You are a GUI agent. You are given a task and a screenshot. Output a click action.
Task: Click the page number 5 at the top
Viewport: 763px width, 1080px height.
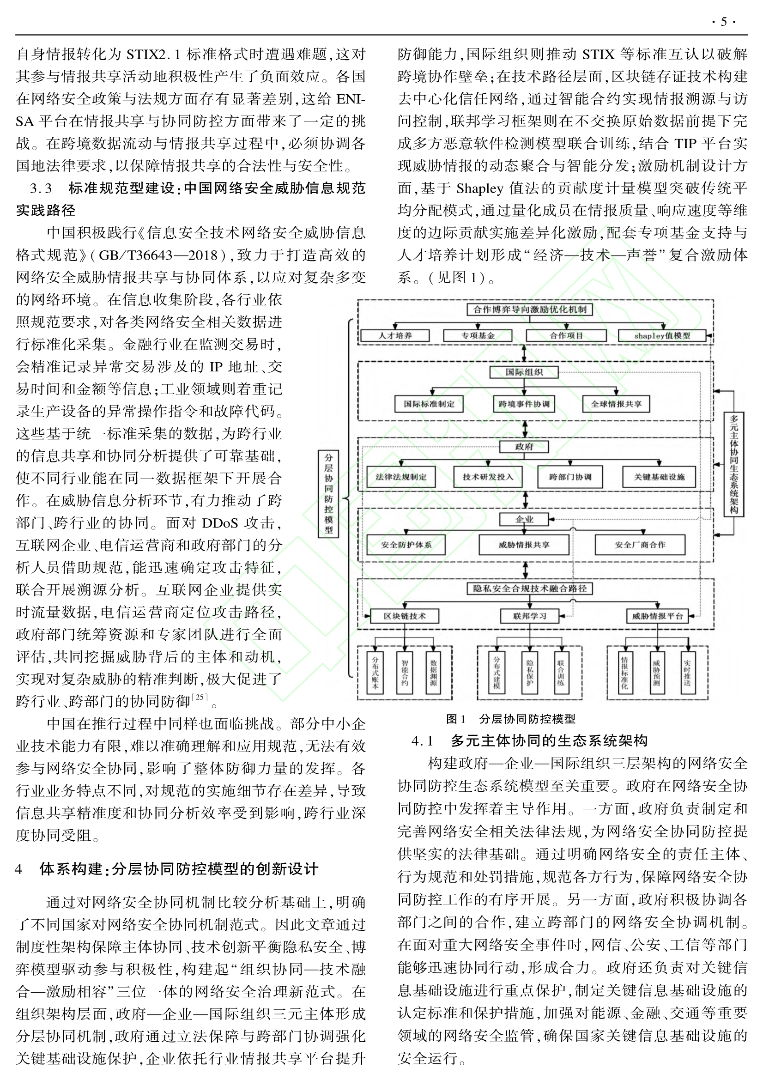[723, 22]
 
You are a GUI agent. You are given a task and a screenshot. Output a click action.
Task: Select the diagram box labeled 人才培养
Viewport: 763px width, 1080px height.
[395, 335]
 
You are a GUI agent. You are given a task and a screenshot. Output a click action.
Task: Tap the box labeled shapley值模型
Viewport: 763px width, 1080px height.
[662, 335]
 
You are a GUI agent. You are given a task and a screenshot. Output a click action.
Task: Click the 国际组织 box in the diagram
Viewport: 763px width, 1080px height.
[524, 372]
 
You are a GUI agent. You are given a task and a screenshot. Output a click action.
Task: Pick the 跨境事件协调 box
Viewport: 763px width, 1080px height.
[524, 404]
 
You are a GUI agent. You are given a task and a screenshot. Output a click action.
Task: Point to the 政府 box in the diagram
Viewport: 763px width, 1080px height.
[524, 446]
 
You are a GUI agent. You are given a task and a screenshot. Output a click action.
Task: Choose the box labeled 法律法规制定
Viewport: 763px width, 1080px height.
[401, 477]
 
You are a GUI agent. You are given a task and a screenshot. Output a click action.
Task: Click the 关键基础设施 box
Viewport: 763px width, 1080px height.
[659, 477]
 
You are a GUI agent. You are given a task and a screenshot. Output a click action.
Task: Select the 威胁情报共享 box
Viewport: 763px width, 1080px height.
[524, 545]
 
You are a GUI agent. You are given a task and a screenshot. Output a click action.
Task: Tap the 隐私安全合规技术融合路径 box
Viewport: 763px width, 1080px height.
[530, 589]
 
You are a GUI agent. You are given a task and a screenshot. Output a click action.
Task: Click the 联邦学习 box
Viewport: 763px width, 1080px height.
[530, 616]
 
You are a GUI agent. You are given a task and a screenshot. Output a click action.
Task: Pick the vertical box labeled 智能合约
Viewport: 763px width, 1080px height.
[405, 673]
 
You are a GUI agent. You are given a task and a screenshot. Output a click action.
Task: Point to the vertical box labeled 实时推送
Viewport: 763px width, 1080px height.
[687, 673]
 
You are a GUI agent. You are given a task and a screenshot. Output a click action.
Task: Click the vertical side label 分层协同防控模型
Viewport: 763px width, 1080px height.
[328, 493]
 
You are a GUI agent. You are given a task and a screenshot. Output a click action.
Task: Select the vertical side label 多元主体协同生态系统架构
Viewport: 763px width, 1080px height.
[734, 464]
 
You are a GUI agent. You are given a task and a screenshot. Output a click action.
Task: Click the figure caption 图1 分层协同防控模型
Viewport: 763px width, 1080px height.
[510, 719]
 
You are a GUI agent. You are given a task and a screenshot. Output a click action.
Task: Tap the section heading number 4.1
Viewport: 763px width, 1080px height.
[422, 741]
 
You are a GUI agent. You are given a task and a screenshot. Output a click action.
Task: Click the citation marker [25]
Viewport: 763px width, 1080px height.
[200, 697]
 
